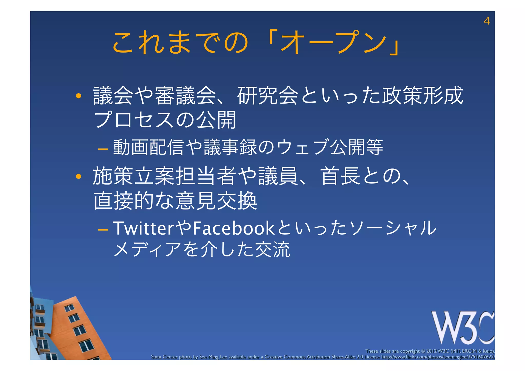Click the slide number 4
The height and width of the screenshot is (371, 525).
pyautogui.click(x=487, y=21)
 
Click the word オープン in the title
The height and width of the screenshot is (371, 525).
pyautogui.click(x=333, y=42)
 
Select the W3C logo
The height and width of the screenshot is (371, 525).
pyautogui.click(x=463, y=327)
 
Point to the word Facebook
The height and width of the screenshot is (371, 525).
pyautogui.click(x=234, y=228)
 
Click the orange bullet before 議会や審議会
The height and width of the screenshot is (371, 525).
pyautogui.click(x=78, y=96)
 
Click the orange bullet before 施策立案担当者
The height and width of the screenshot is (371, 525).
pyautogui.click(x=78, y=176)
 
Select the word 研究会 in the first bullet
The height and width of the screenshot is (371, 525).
pyautogui.click(x=268, y=96)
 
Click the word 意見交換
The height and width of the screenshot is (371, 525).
pyautogui.click(x=216, y=200)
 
